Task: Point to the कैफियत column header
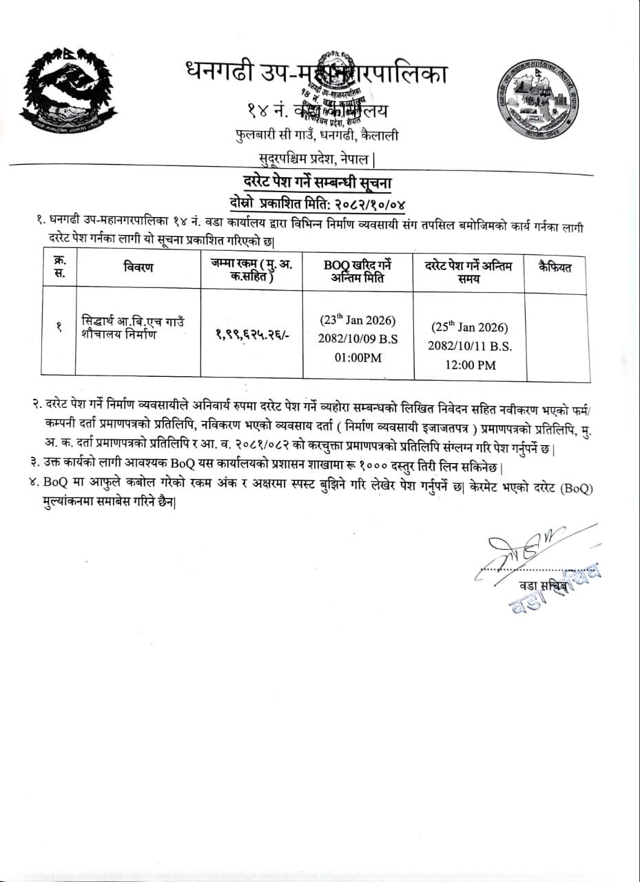click(555, 267)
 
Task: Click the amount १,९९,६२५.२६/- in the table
click(251, 332)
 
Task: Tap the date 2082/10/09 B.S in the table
click(358, 339)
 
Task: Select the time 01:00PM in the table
click(358, 357)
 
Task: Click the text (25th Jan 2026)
click(470, 327)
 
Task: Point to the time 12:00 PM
click(470, 365)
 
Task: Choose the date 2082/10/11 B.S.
click(470, 347)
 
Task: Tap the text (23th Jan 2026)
click(358, 320)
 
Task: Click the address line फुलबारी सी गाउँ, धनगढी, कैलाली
click(316, 136)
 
